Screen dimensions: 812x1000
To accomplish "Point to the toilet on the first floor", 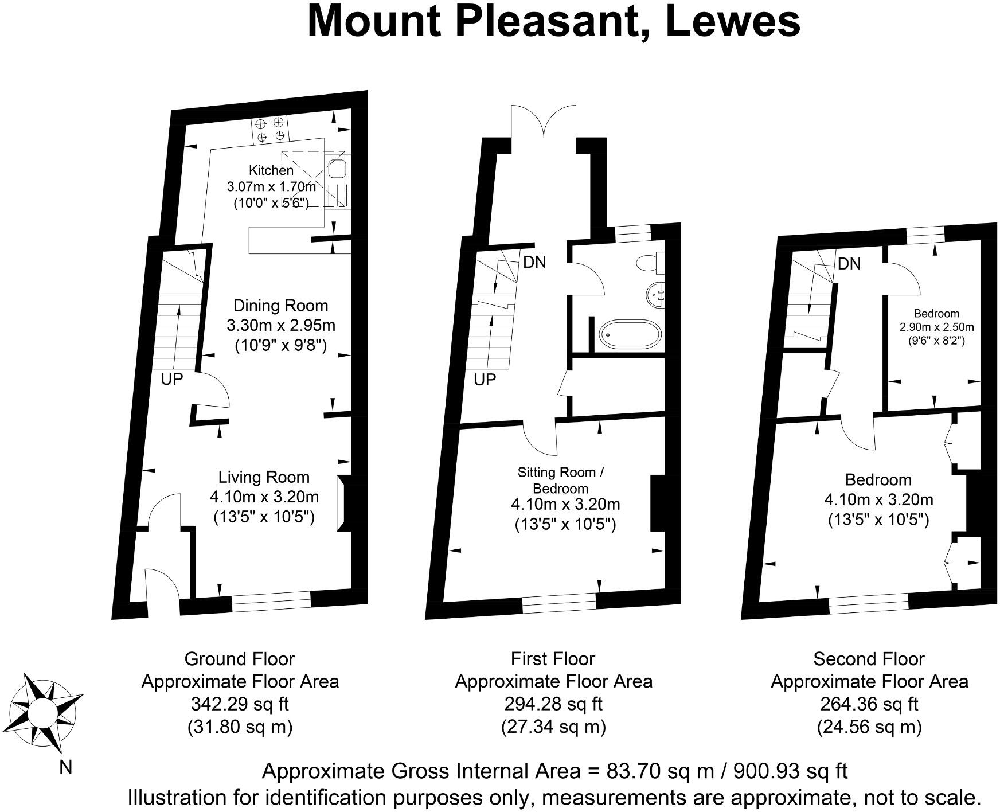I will pyautogui.click(x=651, y=263).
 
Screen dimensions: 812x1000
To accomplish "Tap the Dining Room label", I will pyautogui.click(x=280, y=306).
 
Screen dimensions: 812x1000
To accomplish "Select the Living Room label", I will pyautogui.click(x=264, y=477).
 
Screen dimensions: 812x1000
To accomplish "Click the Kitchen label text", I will pyautogui.click(x=271, y=170).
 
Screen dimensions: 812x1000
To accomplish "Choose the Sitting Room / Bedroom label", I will pyautogui.click(x=560, y=480).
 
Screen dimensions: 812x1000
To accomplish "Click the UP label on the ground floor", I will pyautogui.click(x=171, y=379).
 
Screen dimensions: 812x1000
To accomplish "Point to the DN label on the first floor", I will pyautogui.click(x=534, y=263).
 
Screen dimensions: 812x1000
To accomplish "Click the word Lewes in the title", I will pyautogui.click(x=733, y=22).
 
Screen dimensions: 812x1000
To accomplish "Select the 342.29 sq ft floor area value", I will pyautogui.click(x=240, y=704).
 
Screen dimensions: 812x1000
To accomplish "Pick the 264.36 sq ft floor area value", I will pyautogui.click(x=869, y=704).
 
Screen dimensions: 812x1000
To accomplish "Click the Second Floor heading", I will pyautogui.click(x=869, y=659).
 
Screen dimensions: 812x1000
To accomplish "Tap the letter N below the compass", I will pyautogui.click(x=66, y=767).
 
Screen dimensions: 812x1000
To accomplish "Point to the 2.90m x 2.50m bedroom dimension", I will pyautogui.click(x=936, y=327).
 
